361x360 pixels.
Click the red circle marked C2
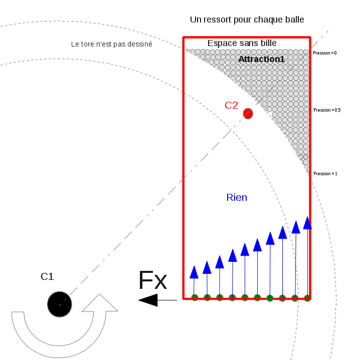[x=248, y=114]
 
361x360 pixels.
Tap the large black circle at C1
[x=60, y=304]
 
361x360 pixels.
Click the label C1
[x=47, y=276]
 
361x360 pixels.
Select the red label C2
[x=231, y=105]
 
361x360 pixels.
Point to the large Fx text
[x=152, y=281]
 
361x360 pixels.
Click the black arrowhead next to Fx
[x=148, y=300]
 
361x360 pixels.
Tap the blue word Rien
[x=237, y=198]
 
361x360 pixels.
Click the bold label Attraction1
[x=261, y=59]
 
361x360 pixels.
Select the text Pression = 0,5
[x=327, y=110]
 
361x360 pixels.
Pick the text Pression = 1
[x=325, y=174]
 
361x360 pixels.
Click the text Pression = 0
[x=324, y=53]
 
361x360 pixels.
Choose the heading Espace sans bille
[x=242, y=44]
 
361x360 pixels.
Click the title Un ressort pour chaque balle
[x=247, y=20]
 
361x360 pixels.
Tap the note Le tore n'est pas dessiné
[x=111, y=44]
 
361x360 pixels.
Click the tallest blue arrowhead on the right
[x=307, y=223]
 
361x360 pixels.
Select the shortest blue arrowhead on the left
[x=194, y=272]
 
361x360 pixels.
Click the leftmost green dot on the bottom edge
[x=195, y=297]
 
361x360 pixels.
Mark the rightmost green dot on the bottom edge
[x=307, y=298]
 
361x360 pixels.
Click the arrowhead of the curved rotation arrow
[x=100, y=303]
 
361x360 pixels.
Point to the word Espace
[x=221, y=44]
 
